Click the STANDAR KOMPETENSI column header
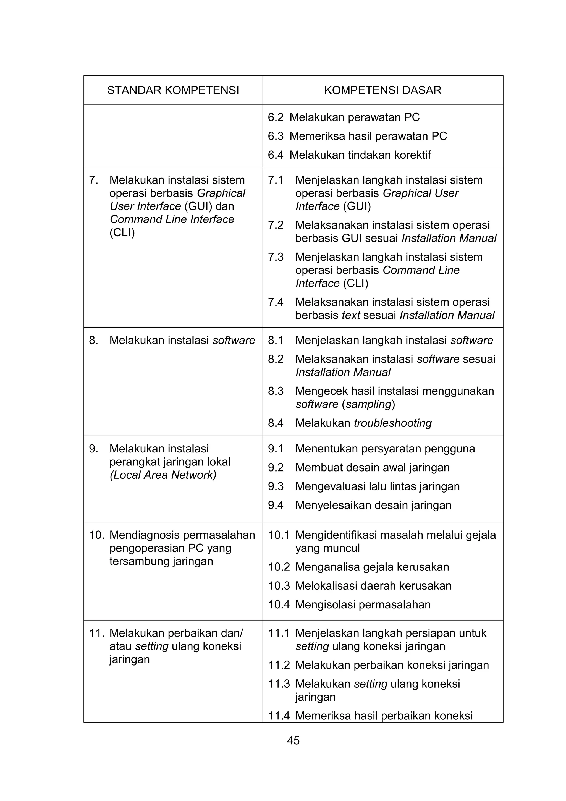(x=173, y=90)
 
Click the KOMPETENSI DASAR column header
(x=382, y=90)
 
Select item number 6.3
(x=276, y=136)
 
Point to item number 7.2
(x=276, y=225)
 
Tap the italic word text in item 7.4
(x=350, y=315)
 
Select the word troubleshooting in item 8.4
(x=393, y=423)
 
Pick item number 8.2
(x=276, y=359)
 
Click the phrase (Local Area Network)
(x=163, y=475)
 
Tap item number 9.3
(x=276, y=486)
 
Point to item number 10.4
(x=279, y=604)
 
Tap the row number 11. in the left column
(x=97, y=633)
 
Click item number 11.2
(x=279, y=665)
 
